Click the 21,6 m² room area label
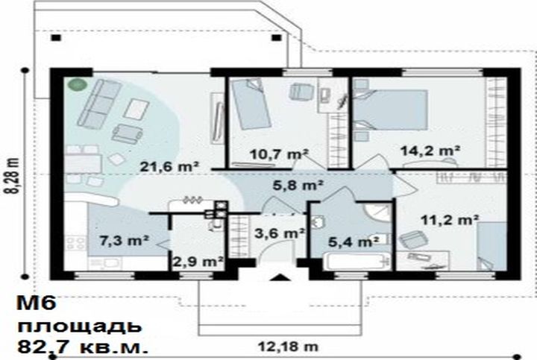[169, 167]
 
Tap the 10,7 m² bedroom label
[279, 154]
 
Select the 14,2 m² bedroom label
[430, 151]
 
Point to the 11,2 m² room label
[450, 220]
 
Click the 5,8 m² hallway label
[298, 185]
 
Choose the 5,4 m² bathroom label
[354, 242]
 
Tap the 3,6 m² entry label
[280, 233]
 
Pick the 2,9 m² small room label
[198, 262]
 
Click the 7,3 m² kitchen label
[124, 241]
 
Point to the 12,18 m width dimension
[288, 347]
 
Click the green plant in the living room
[77, 84]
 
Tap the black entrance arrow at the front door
[280, 277]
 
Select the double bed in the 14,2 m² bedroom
[390, 110]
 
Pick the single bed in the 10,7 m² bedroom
[251, 104]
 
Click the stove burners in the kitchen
[75, 244]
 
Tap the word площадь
[80, 327]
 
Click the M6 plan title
[37, 303]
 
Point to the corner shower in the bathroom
[377, 212]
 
